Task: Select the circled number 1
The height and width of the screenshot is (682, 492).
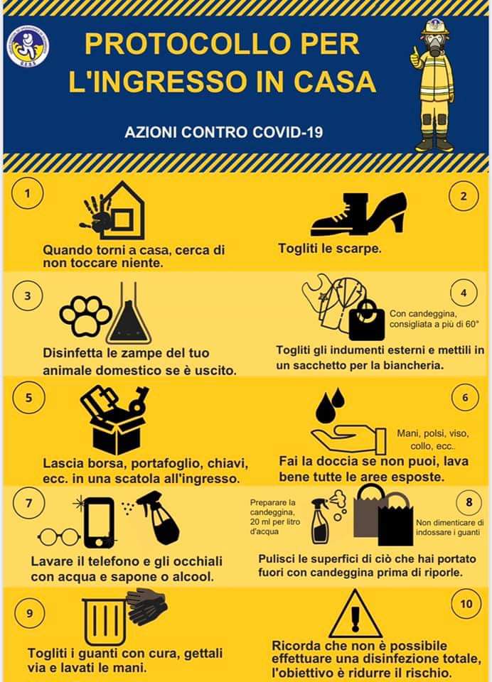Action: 28,193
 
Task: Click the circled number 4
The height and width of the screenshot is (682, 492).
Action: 464,293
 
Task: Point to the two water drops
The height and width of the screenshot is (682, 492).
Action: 330,406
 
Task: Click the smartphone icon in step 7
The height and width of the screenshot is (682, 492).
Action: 99,523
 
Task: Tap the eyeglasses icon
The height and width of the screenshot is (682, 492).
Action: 58,537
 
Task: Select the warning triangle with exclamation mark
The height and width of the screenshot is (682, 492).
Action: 355,614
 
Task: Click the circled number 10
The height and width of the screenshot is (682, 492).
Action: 466,604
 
